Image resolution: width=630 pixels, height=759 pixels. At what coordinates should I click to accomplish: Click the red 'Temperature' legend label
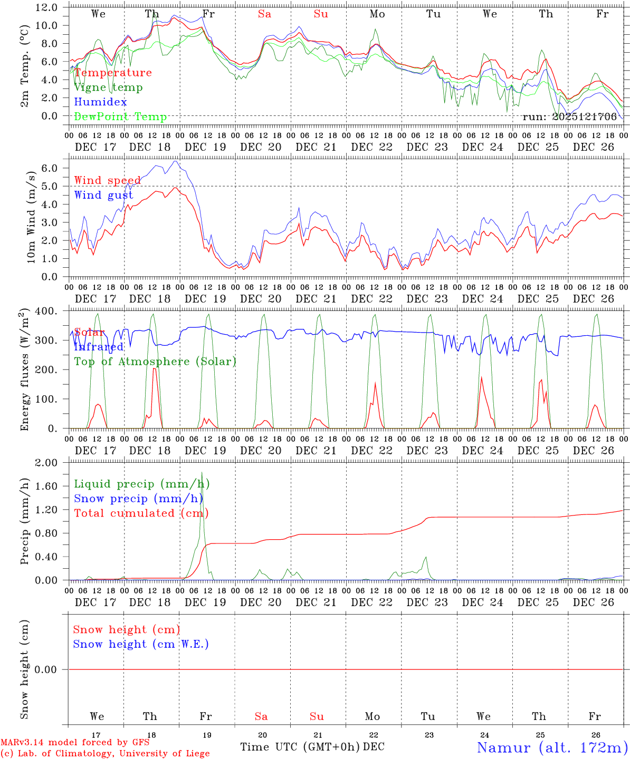click(x=113, y=73)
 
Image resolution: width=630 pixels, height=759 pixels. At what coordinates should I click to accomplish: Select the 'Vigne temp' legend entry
click(x=108, y=87)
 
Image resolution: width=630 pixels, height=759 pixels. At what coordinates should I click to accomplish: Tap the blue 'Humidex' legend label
click(x=100, y=102)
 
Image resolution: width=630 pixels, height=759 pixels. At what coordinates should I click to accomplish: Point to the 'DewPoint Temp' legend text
click(x=120, y=117)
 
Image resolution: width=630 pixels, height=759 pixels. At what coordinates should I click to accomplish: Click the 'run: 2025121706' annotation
click(x=569, y=117)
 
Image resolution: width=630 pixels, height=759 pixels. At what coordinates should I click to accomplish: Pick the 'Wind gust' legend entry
click(x=103, y=195)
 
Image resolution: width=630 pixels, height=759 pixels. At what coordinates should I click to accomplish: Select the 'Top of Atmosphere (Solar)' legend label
click(x=155, y=362)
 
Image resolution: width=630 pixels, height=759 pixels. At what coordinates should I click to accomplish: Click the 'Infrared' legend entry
click(x=99, y=347)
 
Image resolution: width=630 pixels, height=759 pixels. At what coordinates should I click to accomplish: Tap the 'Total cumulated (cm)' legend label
click(x=141, y=513)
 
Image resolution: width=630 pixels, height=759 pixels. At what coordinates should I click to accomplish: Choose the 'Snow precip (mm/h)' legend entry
click(x=139, y=499)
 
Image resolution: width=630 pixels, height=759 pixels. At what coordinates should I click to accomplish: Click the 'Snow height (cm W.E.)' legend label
click(x=141, y=644)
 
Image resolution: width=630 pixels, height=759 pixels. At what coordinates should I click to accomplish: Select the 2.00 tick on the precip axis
click(x=46, y=463)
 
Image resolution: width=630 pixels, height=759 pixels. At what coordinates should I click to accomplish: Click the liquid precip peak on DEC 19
click(x=202, y=473)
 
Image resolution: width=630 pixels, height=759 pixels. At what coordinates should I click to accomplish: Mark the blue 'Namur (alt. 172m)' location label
click(x=552, y=747)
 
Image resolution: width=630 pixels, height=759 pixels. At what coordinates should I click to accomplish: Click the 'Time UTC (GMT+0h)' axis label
click(x=300, y=747)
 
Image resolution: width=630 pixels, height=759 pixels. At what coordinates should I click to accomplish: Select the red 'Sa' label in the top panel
click(x=264, y=14)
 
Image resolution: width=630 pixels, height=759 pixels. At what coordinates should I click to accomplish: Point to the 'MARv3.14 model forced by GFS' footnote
click(x=75, y=743)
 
